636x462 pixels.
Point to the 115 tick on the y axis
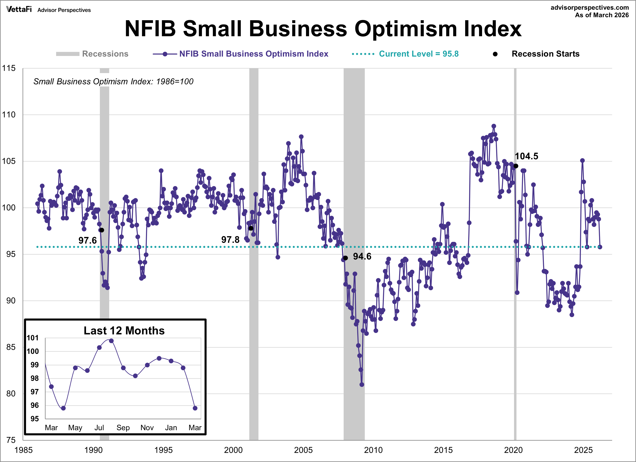pos(9,68)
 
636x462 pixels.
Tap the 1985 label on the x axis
pos(24,450)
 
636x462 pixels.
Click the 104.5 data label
pos(526,156)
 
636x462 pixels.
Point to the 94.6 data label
pos(362,256)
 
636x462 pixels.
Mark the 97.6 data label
pos(87,240)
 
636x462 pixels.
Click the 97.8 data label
pos(230,240)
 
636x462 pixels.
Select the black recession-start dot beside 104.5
pos(516,166)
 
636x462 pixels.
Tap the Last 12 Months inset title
pos(124,331)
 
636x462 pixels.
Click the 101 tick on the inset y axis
pos(33,338)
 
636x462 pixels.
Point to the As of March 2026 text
pos(602,15)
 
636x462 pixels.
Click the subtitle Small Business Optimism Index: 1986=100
pos(113,81)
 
